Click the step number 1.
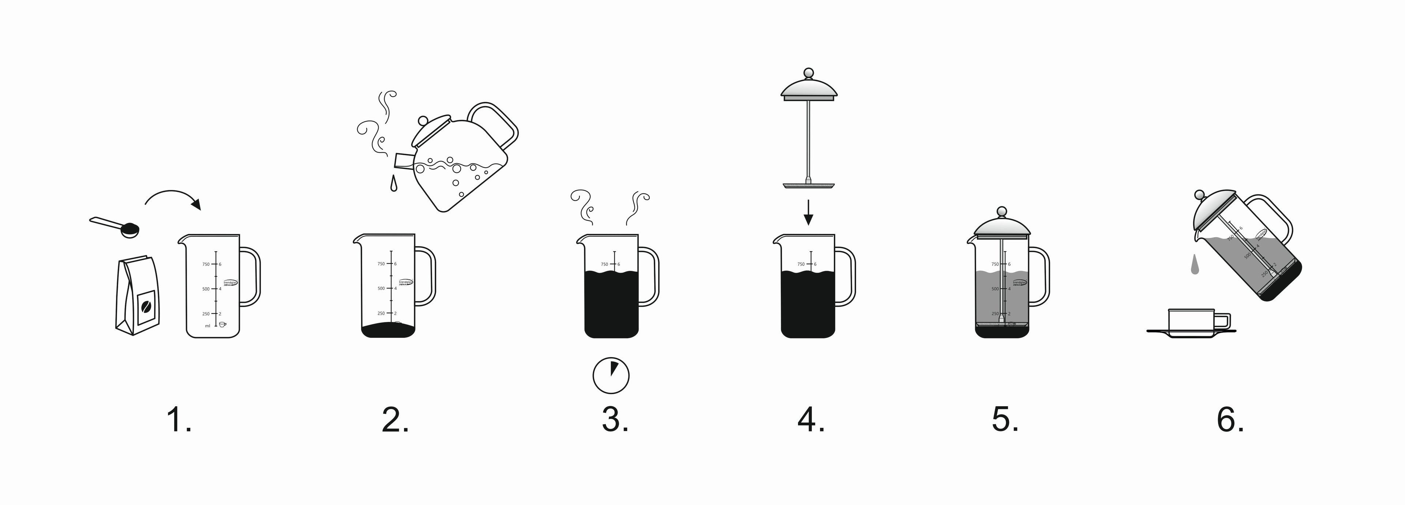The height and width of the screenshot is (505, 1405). coord(178,420)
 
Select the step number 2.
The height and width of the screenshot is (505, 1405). coord(395,420)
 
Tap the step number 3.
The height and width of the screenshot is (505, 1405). coord(615,420)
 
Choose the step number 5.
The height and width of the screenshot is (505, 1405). coord(1005,420)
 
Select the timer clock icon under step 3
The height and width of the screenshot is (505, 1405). coord(611,375)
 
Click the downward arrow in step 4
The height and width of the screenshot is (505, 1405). coord(808,213)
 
